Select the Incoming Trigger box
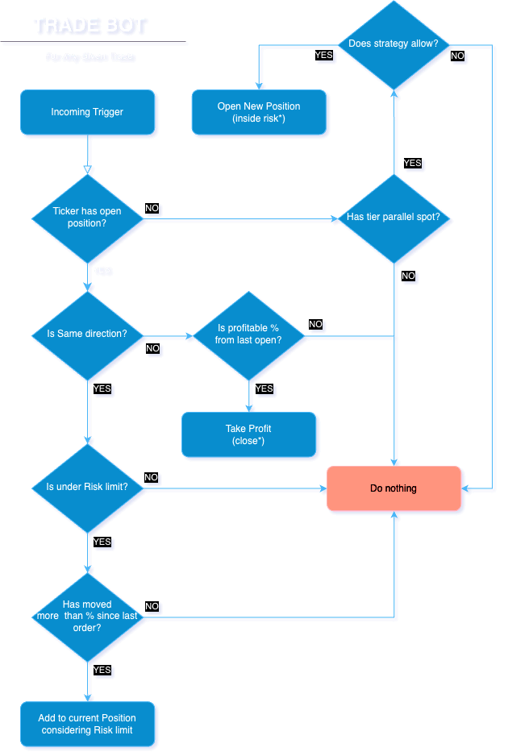[x=87, y=113]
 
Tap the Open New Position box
[x=260, y=113]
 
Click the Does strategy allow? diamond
[x=394, y=44]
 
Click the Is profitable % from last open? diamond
[x=248, y=334]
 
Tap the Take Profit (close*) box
[x=249, y=435]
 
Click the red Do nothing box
[x=394, y=488]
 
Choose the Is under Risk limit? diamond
[x=87, y=488]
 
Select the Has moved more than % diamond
[x=87, y=616]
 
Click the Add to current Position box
[x=87, y=724]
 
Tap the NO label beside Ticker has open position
[x=152, y=209]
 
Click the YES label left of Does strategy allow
[x=323, y=56]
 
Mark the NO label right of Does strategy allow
[x=457, y=56]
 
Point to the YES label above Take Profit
[x=264, y=389]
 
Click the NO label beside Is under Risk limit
[x=151, y=477]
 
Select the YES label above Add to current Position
[x=102, y=670]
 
